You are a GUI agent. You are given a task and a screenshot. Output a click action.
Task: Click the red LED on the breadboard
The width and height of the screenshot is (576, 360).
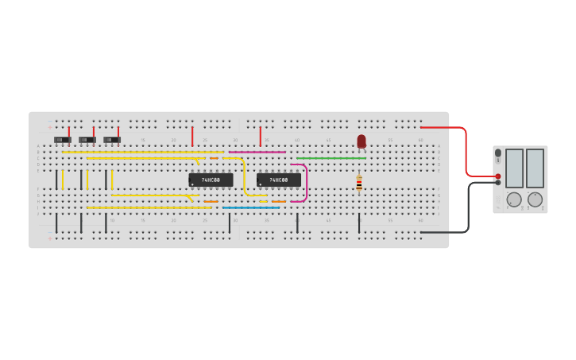pos(361,141)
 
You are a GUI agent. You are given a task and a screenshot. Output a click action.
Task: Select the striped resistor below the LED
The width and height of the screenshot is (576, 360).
pos(359,183)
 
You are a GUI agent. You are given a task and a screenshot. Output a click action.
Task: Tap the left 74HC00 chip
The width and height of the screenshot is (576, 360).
pos(211,180)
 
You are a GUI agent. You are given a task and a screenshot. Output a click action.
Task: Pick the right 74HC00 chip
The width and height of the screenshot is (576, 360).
pos(278,180)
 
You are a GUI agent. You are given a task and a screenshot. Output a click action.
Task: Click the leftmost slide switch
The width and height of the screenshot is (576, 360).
pos(63,140)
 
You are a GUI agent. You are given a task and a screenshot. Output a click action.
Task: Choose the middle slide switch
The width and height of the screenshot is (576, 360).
pos(87,140)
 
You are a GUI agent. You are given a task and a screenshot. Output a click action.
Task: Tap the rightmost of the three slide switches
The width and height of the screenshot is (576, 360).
pos(112,140)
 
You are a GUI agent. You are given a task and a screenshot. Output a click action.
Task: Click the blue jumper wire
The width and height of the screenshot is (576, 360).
pos(250,207)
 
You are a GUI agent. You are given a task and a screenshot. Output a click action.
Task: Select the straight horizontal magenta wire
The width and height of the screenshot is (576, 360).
pos(257,152)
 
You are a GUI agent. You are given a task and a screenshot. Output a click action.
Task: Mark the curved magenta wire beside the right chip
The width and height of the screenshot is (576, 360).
pos(306,183)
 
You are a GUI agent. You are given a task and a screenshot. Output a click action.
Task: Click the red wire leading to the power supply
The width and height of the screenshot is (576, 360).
pos(466,151)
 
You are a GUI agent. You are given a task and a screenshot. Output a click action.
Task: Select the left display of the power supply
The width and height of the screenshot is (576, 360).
pos(514,168)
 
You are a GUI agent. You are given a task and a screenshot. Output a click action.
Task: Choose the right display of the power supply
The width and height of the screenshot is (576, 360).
pos(535,168)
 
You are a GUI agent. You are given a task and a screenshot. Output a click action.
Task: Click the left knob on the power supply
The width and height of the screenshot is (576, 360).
pos(514,199)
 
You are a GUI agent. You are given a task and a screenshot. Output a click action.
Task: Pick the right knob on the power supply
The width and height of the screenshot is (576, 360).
pos(535,199)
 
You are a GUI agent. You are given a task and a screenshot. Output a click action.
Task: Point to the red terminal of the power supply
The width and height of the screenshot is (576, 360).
pos(498,176)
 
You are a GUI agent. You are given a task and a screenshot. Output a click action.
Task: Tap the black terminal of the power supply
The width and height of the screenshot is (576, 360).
pos(498,182)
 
